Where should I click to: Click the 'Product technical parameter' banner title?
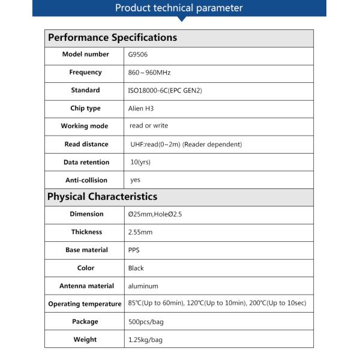[x=179, y=8]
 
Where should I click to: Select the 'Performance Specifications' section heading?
[x=112, y=37]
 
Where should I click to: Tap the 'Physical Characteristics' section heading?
[x=102, y=196]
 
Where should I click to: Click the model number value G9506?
[x=137, y=55]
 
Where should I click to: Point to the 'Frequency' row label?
[x=85, y=73]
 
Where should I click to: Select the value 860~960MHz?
[x=149, y=73]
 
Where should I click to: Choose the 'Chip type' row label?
[x=85, y=109]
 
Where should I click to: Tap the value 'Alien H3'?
[x=141, y=109]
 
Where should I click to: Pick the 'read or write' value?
[x=149, y=126]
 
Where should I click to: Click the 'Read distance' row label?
[x=86, y=145]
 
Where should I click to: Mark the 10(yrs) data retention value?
[x=140, y=162]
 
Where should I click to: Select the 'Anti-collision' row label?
[x=86, y=180]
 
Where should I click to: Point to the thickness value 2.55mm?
[x=140, y=232]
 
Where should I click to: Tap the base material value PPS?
[x=134, y=250]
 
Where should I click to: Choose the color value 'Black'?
[x=136, y=268]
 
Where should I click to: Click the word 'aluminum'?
[x=143, y=286]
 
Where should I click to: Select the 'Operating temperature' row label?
[x=85, y=304]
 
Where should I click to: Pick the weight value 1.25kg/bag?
[x=145, y=340]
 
